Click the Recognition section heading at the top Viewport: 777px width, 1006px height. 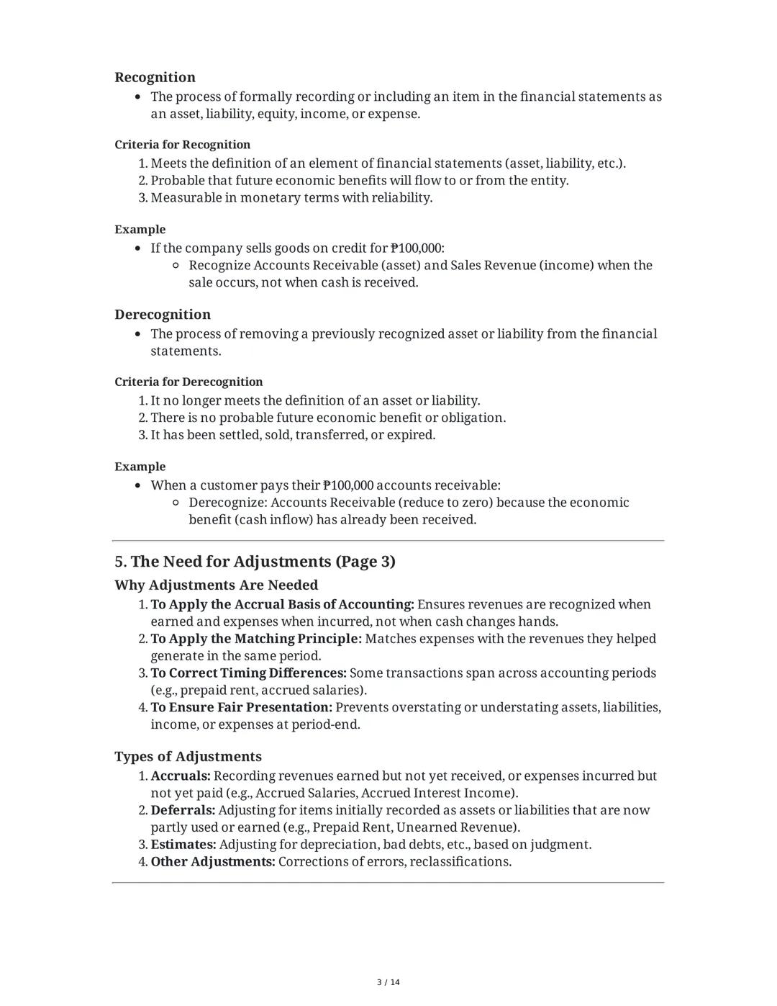click(155, 78)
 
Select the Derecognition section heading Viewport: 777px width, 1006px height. click(163, 315)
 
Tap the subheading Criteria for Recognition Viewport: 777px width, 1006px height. click(182, 145)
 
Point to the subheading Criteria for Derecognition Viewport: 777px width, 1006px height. click(188, 382)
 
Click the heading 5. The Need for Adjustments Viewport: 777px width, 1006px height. click(255, 562)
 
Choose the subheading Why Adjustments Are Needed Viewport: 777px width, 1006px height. click(216, 585)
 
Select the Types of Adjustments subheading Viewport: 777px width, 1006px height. click(188, 757)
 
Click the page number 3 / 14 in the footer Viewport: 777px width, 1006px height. click(388, 982)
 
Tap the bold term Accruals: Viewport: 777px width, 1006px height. click(180, 776)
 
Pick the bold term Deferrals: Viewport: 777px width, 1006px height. click(183, 810)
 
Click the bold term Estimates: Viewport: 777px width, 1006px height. click(183, 845)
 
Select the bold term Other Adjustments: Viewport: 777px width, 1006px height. click(212, 862)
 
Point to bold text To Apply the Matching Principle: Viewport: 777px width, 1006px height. click(255, 639)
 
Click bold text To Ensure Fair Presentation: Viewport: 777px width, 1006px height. click(241, 707)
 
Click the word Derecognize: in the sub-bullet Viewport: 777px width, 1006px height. click(228, 503)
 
